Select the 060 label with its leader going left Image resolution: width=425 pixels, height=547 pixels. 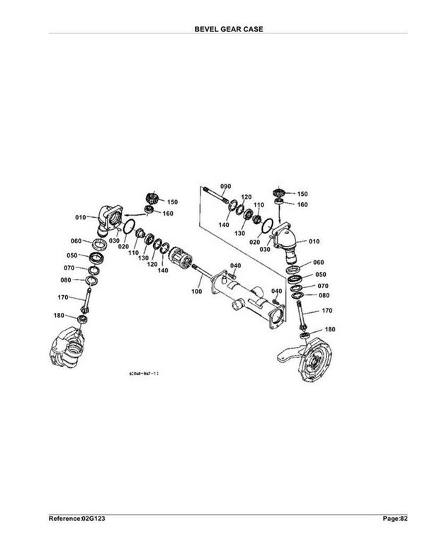click(318, 262)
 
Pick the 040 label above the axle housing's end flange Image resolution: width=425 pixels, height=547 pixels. click(276, 292)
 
